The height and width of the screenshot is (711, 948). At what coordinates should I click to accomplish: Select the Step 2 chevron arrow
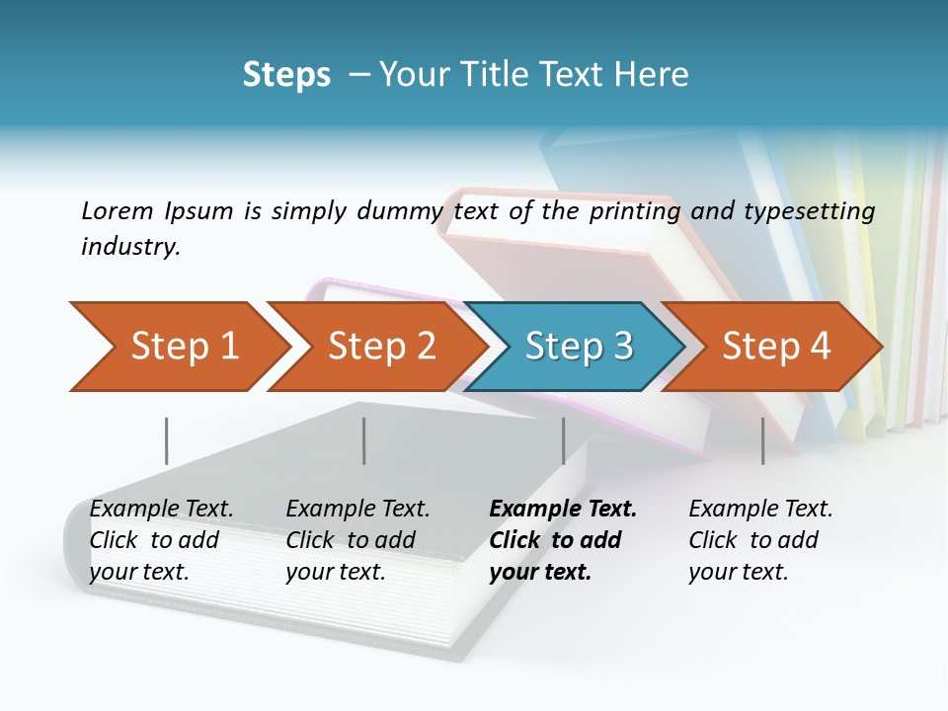click(380, 347)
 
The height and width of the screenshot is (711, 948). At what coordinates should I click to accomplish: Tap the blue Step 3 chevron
click(578, 347)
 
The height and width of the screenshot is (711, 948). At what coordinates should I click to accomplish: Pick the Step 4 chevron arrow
click(775, 347)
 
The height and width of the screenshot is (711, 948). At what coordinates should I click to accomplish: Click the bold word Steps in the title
click(286, 75)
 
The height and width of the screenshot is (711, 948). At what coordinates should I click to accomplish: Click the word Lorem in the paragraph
click(118, 211)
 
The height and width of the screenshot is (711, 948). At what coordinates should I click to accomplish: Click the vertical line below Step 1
click(166, 440)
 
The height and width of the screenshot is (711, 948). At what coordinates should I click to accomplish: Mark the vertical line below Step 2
click(363, 440)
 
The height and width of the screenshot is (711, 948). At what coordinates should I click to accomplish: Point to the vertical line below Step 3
click(563, 440)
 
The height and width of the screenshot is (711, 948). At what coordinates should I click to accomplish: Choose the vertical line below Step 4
click(762, 440)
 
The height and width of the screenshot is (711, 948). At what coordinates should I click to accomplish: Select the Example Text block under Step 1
click(161, 540)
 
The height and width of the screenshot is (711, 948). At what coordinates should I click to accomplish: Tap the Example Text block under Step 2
click(357, 540)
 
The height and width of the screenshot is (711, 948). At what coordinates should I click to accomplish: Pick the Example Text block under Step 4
click(760, 540)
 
